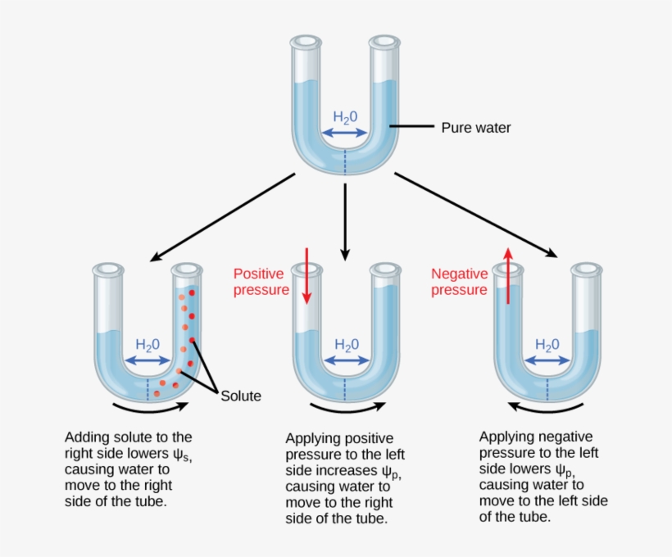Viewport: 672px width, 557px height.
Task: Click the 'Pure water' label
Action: (x=475, y=128)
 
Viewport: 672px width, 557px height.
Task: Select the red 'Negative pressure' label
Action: (x=459, y=282)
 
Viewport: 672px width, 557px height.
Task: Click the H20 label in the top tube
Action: (x=345, y=116)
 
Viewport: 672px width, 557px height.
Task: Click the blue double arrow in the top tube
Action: (x=345, y=133)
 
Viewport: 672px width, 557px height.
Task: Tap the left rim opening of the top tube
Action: (x=306, y=41)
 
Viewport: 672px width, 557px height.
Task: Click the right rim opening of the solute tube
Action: (x=188, y=269)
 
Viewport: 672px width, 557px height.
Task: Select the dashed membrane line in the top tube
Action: (x=345, y=160)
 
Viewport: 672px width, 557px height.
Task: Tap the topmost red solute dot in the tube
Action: (x=192, y=292)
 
